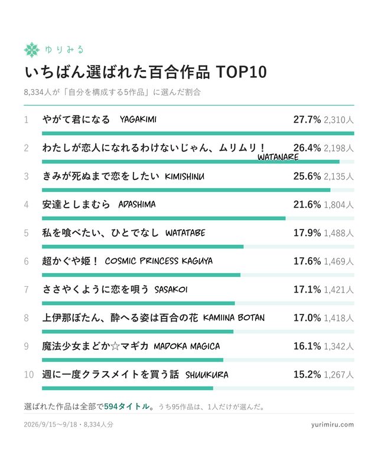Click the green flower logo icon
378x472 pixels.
(x=32, y=50)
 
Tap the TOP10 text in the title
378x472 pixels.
(x=241, y=72)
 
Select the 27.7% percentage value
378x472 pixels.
(x=307, y=120)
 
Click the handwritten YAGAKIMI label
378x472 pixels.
(x=138, y=120)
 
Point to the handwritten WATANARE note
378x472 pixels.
(x=278, y=157)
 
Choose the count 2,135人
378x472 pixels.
(x=338, y=176)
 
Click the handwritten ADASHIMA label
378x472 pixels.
(x=137, y=204)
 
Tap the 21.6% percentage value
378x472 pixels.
(x=307, y=204)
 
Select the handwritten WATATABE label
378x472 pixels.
(x=185, y=232)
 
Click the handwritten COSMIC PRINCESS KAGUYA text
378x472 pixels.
(x=158, y=261)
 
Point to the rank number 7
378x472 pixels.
(x=26, y=290)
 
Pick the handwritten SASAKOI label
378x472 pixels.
(x=171, y=290)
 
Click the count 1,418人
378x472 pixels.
(x=338, y=318)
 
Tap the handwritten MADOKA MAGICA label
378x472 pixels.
(x=187, y=346)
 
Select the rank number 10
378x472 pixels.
(x=28, y=375)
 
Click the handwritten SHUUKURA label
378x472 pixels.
(x=207, y=375)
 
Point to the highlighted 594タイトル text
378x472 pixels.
(x=126, y=407)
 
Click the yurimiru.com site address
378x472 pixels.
(x=333, y=424)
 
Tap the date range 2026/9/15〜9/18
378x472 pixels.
(x=50, y=424)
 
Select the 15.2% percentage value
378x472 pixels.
(x=307, y=375)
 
